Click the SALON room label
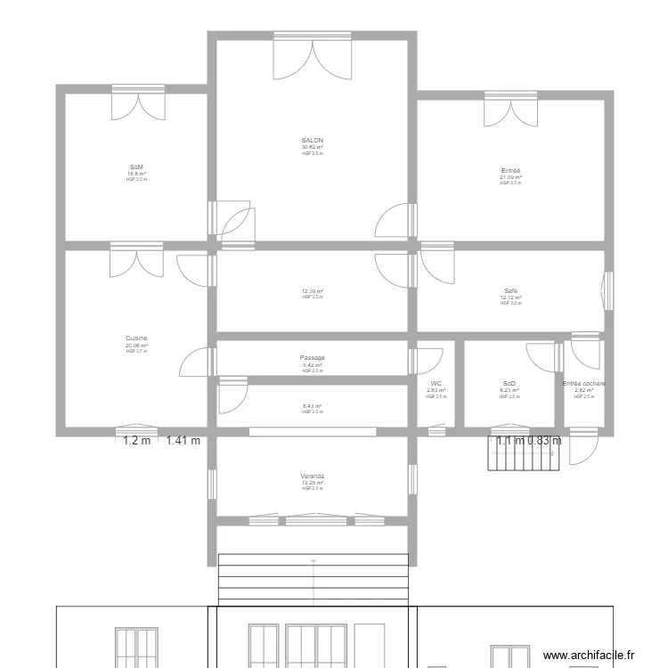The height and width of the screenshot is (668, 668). pos(313,141)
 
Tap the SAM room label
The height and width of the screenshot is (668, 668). pos(136,167)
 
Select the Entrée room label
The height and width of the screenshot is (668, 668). pos(510,170)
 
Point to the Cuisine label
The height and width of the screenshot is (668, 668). pos(136,338)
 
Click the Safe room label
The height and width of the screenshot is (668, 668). pos(510,291)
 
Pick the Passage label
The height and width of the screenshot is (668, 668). pos(313,358)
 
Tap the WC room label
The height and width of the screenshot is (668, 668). pos(436,384)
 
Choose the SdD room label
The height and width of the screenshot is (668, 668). pos(509,384)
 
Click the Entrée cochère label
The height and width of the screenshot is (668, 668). pos(583,384)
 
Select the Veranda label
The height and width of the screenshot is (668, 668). pos(313,477)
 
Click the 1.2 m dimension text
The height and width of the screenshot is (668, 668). pos(136,440)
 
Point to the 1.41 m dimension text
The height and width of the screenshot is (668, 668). pos(183,440)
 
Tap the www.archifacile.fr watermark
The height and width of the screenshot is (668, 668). pos(591,655)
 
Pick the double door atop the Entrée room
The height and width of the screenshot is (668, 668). pos(511,110)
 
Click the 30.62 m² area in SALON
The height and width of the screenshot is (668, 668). pos(313,148)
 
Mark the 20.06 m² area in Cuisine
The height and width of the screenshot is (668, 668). pos(136,346)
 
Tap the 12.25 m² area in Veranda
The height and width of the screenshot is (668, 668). pos(313,483)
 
